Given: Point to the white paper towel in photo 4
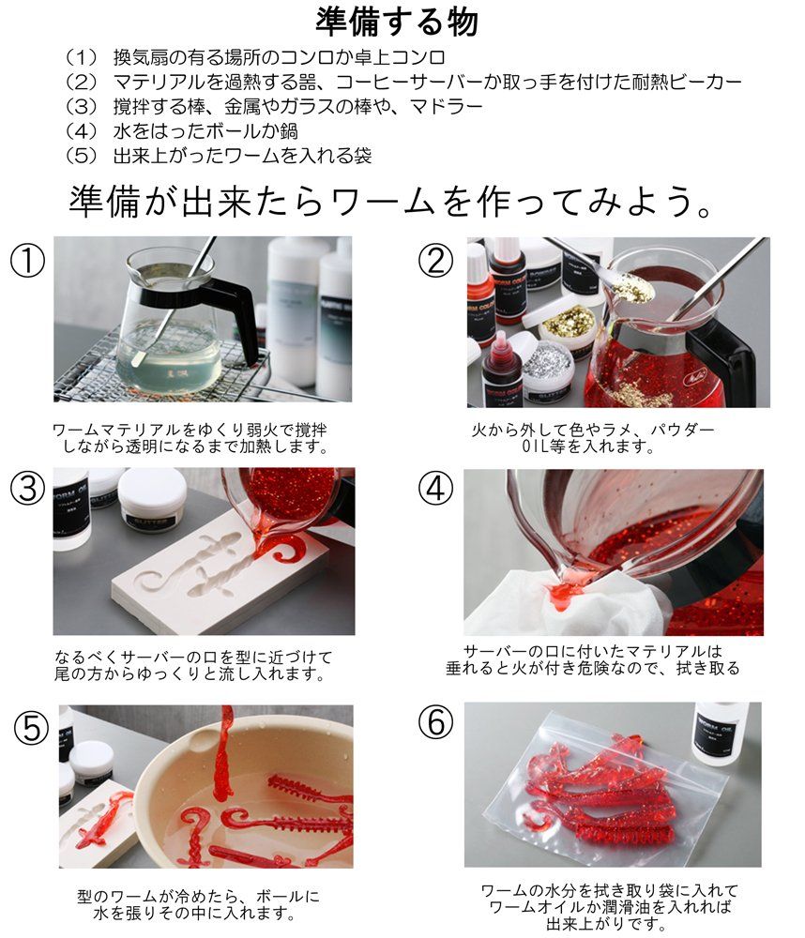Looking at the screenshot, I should (516, 600).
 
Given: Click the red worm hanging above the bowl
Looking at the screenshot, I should (225, 750).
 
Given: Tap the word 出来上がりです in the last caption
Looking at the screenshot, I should (610, 924).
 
